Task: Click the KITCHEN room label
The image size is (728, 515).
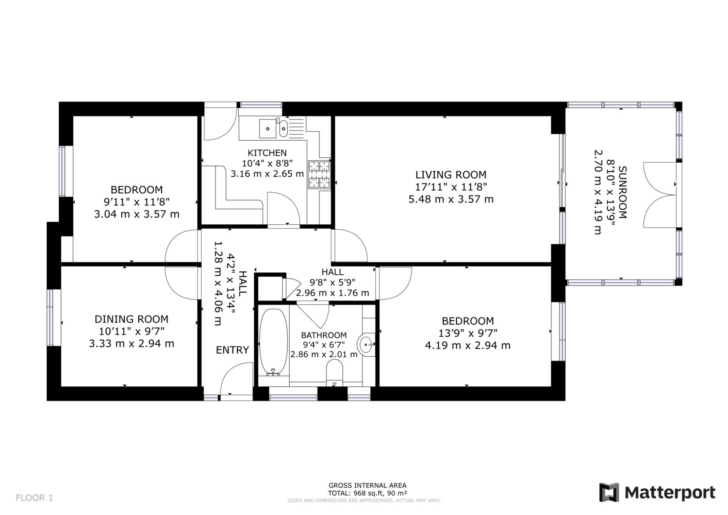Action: tap(267, 153)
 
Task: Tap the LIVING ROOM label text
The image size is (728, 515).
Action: tap(451, 175)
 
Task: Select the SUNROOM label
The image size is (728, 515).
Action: tap(622, 192)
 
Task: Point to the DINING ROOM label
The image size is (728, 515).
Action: tap(132, 319)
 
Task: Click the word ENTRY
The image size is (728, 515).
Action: tap(232, 350)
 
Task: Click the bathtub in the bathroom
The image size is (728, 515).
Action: tap(274, 342)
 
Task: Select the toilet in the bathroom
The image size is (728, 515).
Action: tap(334, 374)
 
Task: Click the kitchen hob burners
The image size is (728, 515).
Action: tap(319, 175)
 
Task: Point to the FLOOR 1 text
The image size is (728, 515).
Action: tap(34, 498)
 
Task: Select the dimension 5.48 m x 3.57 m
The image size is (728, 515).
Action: tap(451, 199)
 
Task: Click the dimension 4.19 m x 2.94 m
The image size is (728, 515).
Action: tap(468, 345)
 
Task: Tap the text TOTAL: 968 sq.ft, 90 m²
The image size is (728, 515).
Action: tap(367, 493)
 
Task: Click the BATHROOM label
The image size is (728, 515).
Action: tap(324, 335)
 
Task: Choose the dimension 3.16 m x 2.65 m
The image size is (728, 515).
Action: tap(267, 174)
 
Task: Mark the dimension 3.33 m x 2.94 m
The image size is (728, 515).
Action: tap(132, 343)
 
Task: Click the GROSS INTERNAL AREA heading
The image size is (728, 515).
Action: tap(367, 485)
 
